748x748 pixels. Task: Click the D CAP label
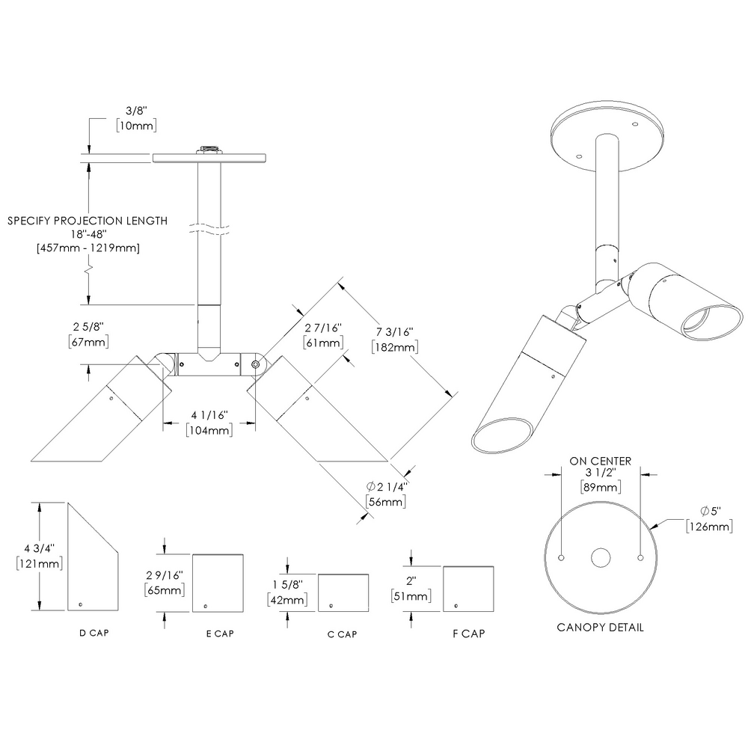pos(94,633)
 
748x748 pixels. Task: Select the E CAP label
pos(220,634)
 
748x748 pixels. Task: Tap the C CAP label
pos(342,634)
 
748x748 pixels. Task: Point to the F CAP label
pos(469,634)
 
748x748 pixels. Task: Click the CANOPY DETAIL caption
pos(600,627)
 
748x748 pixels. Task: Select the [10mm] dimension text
pos(136,126)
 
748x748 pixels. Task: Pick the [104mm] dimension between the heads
pos(209,429)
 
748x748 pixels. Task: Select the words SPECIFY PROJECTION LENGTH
pos(87,221)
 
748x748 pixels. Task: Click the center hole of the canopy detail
pos(601,557)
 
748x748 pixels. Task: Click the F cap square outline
pos(468,589)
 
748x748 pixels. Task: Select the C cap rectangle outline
pos(343,592)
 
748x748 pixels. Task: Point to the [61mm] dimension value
pos(323,342)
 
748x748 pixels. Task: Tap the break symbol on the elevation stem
pos(209,225)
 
